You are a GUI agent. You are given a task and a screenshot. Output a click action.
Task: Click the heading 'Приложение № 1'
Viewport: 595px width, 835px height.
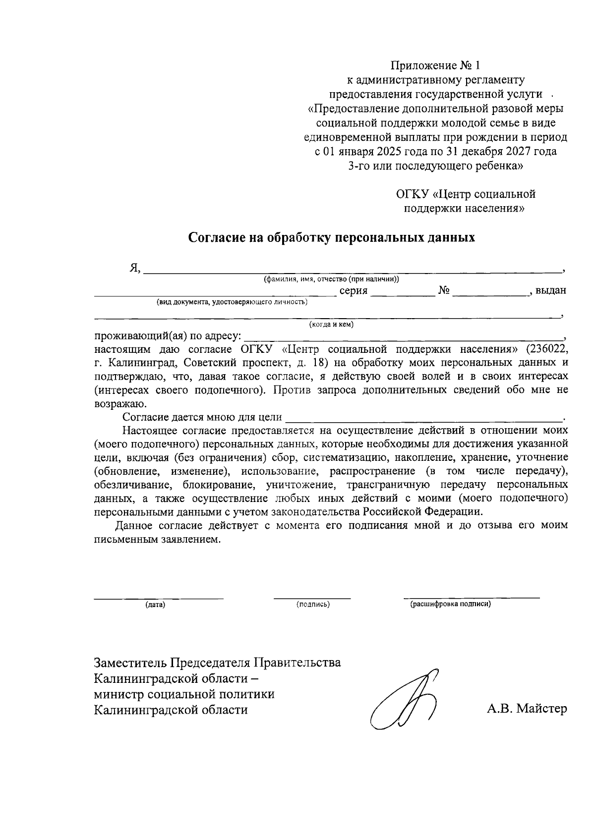click(435, 65)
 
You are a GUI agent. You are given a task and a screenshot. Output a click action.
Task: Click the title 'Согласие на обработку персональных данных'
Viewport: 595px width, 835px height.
click(331, 238)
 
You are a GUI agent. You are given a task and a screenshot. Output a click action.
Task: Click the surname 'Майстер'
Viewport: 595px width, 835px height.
click(541, 709)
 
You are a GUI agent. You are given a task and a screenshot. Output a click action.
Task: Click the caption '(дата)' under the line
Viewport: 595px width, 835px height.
click(155, 605)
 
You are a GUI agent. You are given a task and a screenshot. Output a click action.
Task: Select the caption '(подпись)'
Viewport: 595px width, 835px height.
click(313, 605)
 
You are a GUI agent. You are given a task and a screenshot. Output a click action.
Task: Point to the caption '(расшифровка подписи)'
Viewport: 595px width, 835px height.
click(450, 604)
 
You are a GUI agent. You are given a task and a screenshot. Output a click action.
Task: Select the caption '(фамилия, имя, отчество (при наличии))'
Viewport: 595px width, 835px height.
click(332, 279)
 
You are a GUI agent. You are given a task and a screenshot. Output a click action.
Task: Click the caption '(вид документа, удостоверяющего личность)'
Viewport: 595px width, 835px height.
click(232, 302)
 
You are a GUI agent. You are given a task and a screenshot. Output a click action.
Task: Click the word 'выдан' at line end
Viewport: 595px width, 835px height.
click(551, 291)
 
